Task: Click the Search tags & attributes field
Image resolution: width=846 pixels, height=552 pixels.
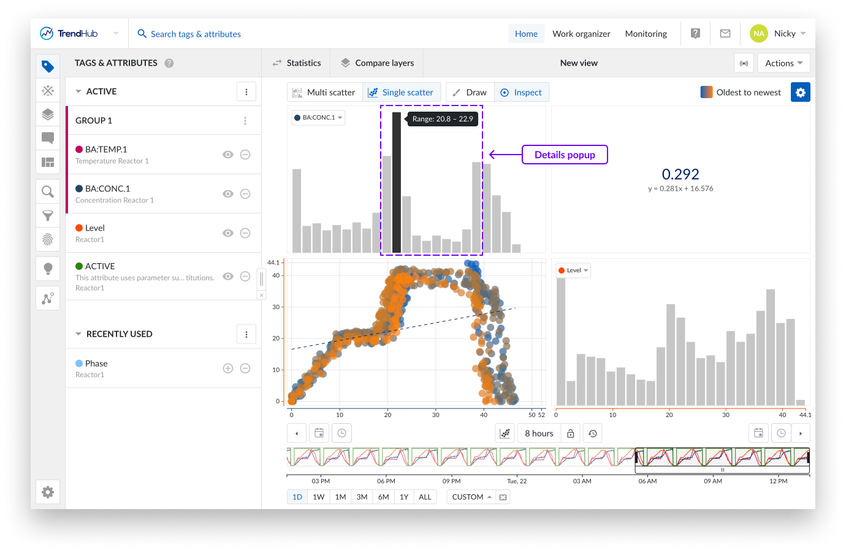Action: point(196,34)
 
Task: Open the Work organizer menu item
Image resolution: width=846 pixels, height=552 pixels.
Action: point(581,34)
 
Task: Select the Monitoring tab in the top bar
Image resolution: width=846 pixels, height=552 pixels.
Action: point(646,34)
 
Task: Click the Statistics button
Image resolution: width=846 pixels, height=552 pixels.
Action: point(297,63)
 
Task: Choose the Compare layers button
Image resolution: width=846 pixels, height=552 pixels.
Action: point(377,63)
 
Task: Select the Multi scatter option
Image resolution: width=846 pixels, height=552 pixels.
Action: point(324,93)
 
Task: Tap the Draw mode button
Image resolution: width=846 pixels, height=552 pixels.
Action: point(470,93)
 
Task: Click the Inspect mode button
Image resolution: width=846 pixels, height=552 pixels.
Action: point(521,93)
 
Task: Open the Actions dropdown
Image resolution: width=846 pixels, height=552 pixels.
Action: point(783,63)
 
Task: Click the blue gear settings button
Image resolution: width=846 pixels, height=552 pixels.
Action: point(800,93)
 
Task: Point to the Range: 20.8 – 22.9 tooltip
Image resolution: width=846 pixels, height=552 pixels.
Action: point(443,119)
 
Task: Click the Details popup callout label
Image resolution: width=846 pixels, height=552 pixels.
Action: point(565,155)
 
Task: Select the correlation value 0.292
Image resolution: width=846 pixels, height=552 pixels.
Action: point(680,174)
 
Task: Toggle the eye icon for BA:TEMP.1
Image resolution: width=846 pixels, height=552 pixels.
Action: point(228,155)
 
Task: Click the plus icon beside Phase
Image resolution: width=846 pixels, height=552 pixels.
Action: point(228,369)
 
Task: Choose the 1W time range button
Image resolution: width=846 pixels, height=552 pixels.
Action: point(319,497)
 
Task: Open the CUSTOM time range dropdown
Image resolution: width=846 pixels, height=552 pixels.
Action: point(471,497)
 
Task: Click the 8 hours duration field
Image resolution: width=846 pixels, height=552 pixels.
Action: point(539,434)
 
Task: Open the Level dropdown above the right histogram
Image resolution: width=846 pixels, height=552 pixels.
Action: point(573,270)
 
